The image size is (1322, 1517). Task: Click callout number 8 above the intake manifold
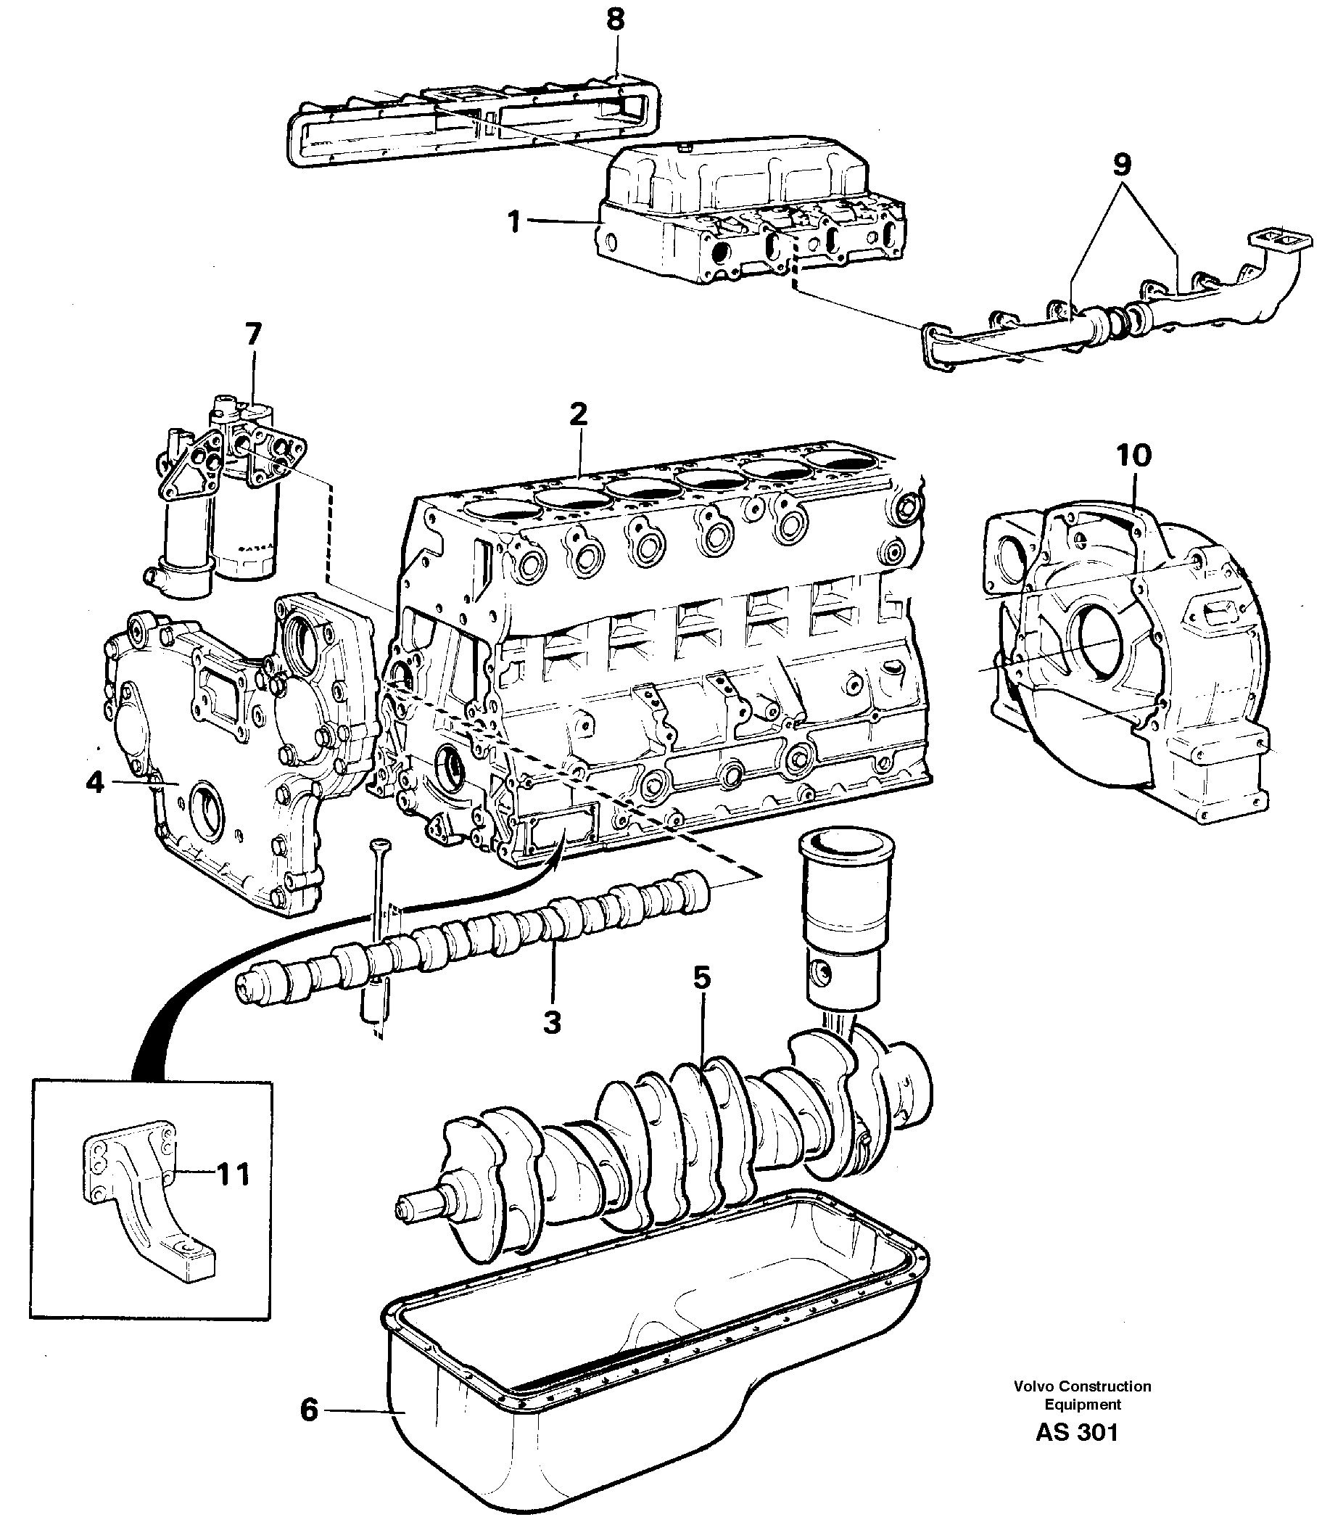point(615,20)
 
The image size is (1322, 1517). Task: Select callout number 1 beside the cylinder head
point(515,221)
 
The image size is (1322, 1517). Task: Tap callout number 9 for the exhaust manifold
point(1120,165)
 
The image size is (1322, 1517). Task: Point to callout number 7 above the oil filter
point(253,334)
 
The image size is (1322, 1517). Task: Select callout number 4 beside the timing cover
point(95,782)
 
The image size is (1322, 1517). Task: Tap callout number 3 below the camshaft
point(552,1022)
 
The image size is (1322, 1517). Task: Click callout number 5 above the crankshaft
point(701,978)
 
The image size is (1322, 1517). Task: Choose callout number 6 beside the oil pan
point(309,1410)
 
